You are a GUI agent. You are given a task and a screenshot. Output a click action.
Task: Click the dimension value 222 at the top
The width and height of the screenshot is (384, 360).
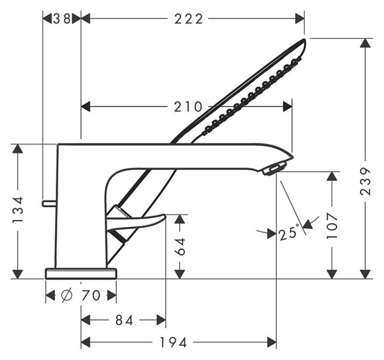(x=189, y=19)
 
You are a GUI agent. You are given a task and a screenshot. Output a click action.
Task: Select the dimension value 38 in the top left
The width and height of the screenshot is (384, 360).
(x=61, y=19)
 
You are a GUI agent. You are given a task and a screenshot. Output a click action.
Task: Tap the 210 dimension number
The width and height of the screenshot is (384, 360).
(x=187, y=107)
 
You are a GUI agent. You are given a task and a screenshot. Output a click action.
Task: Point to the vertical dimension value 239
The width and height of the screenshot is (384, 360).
(x=365, y=181)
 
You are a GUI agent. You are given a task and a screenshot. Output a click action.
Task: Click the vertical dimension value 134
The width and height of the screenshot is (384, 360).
(x=18, y=210)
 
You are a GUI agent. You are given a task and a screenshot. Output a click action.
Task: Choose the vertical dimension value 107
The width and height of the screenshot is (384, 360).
(x=333, y=224)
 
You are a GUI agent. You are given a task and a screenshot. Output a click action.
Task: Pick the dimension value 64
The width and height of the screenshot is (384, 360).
(x=180, y=248)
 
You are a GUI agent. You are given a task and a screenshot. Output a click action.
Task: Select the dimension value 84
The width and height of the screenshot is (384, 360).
(x=123, y=321)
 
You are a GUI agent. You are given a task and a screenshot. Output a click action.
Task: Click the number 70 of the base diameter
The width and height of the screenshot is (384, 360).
(x=92, y=296)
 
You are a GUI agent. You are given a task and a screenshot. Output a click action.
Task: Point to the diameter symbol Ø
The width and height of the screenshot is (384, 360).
(x=67, y=296)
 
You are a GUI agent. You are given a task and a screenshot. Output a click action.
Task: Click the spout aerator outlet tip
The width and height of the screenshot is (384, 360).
(x=274, y=168)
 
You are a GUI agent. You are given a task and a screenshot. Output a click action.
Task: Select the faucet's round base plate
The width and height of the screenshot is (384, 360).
(x=81, y=273)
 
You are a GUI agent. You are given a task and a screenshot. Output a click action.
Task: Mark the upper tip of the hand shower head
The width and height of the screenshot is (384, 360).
(x=304, y=41)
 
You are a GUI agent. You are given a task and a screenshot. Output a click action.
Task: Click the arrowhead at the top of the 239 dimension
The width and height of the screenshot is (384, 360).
(x=365, y=44)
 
